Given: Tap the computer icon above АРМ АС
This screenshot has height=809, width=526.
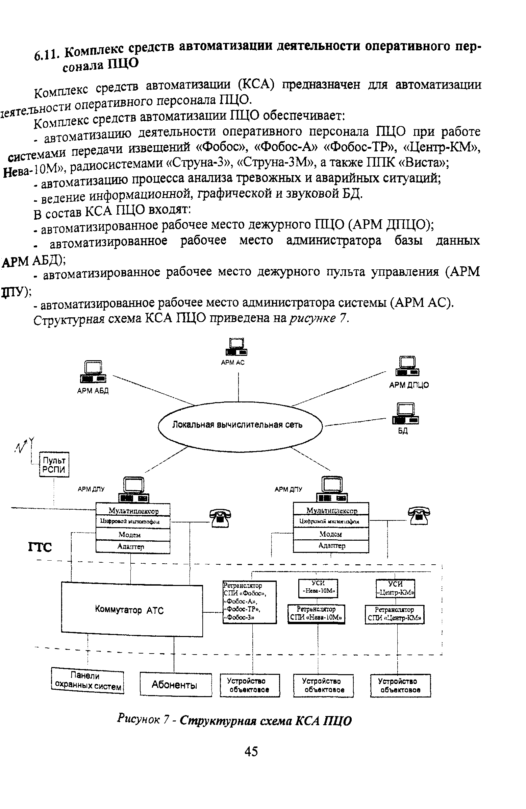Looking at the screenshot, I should [236, 347].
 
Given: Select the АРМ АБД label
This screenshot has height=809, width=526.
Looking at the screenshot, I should [93, 391].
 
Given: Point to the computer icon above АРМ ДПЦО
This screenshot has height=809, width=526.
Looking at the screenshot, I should [407, 366].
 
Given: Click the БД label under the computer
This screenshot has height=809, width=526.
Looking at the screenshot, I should [403, 431].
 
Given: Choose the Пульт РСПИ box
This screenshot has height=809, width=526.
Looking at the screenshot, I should [54, 465].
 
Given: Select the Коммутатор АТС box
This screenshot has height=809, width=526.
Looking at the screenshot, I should [132, 610].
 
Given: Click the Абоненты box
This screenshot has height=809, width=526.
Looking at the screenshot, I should [175, 684].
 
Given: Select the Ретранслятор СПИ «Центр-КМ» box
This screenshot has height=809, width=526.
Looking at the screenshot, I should [395, 614].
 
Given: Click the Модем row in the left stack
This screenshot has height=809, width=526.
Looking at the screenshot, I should [132, 535].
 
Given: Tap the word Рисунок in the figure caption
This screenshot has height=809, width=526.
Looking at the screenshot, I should [138, 718].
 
